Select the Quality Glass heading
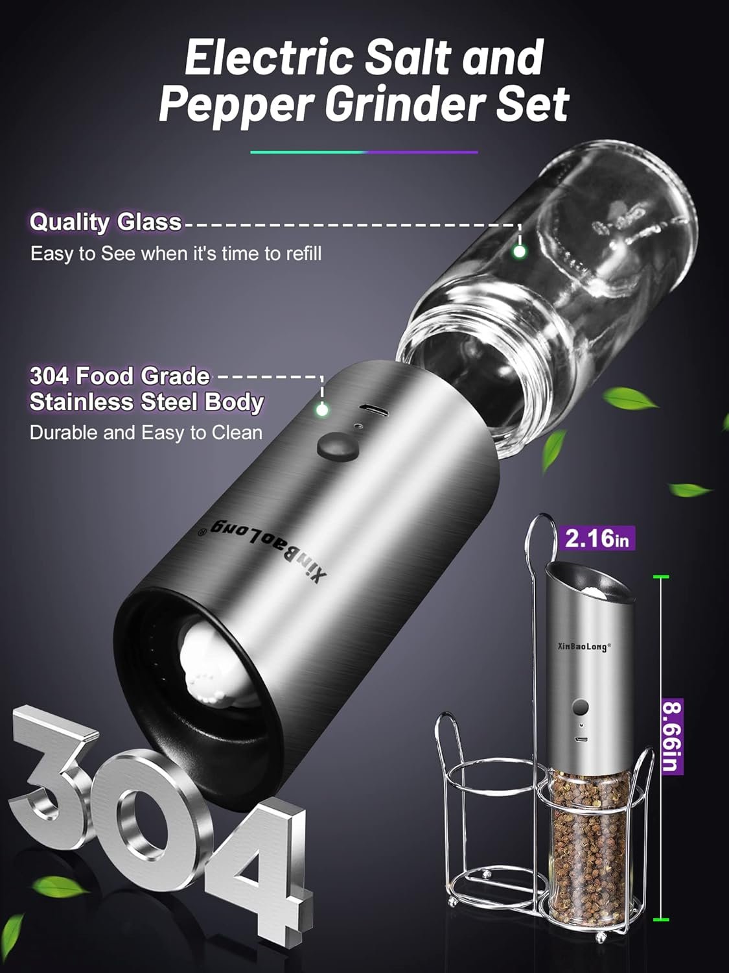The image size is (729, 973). tap(106, 222)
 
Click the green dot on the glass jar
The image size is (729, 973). tap(519, 251)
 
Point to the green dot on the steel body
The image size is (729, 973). tap(322, 409)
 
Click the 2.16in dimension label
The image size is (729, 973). tap(597, 538)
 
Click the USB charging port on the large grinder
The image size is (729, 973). tap(373, 410)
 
